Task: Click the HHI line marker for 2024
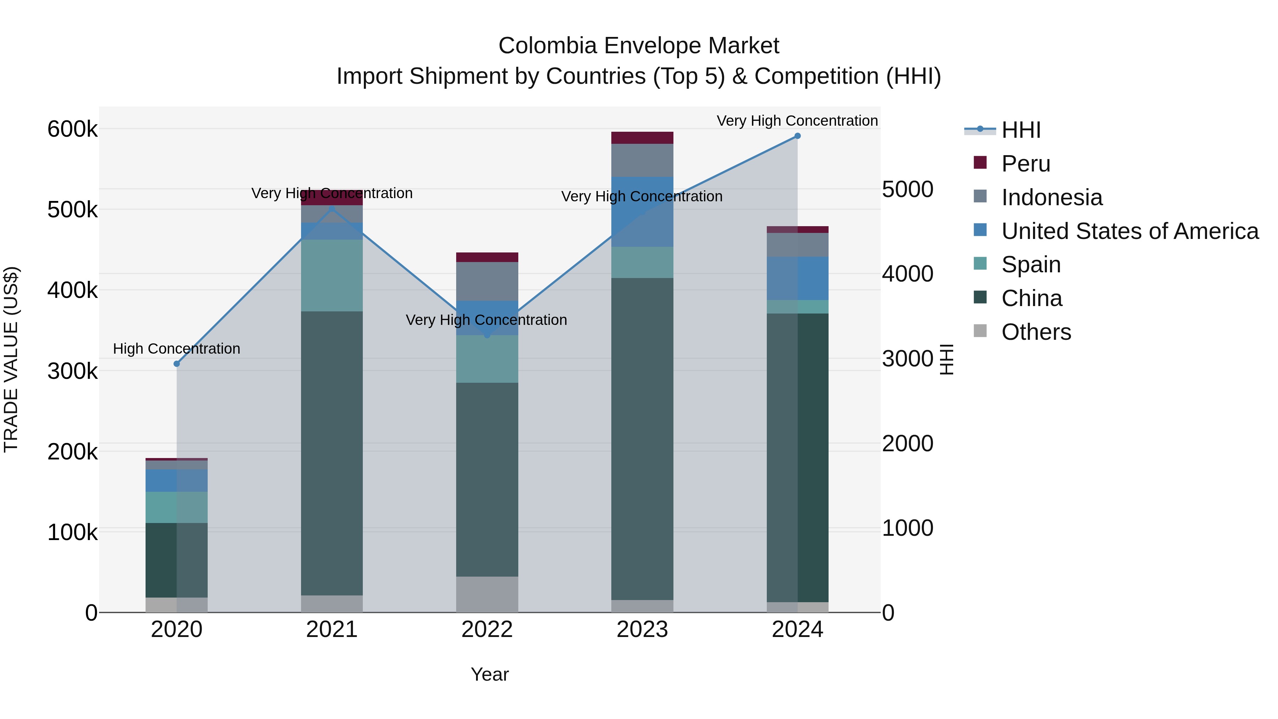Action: tap(797, 136)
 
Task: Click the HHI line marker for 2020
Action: tap(177, 364)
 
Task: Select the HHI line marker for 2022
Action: tap(487, 336)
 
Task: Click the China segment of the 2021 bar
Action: tap(332, 453)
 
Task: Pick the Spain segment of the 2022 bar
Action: tap(487, 359)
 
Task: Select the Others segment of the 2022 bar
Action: tap(487, 594)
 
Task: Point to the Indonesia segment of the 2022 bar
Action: tap(487, 281)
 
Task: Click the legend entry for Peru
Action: tap(1026, 164)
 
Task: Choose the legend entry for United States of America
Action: tap(1130, 231)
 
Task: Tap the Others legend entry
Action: tap(1036, 332)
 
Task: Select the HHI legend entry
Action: tap(1021, 130)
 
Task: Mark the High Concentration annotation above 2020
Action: tap(177, 349)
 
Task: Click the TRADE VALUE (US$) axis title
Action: tap(11, 359)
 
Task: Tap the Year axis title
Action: tap(490, 674)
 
